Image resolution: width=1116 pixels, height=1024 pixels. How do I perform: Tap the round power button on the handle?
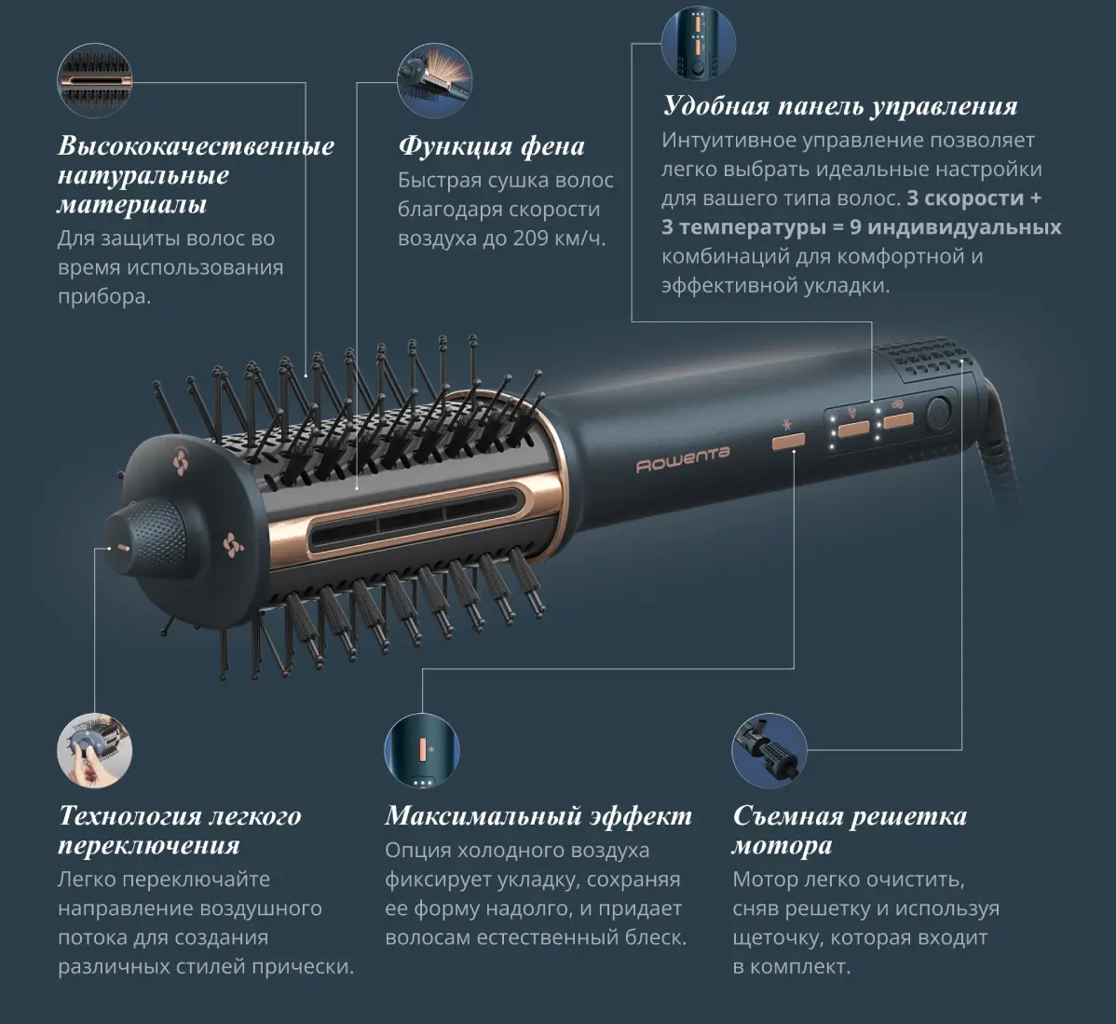coord(939,414)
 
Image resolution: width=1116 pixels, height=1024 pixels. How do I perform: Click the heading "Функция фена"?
coord(491,146)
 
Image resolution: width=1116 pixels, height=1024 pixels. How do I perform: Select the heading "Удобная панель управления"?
coord(840,106)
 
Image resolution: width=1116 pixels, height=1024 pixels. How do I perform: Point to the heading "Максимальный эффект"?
coord(538,816)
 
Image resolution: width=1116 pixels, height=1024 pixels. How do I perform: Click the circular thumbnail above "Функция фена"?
coord(434,80)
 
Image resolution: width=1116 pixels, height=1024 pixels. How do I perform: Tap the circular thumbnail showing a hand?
coord(95,751)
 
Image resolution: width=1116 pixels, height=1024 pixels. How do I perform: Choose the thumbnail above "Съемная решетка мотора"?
coord(769,751)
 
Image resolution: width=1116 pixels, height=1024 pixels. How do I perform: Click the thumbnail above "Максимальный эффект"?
coord(422,751)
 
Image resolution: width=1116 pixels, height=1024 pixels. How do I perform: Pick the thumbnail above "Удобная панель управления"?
coord(699,43)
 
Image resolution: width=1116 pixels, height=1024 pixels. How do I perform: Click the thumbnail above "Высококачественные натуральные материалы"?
coord(95,80)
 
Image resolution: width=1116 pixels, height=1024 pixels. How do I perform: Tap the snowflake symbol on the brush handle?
coord(787,425)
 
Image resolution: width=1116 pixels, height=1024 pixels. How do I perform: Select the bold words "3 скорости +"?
coord(973,198)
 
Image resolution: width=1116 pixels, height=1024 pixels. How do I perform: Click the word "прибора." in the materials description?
coord(104,297)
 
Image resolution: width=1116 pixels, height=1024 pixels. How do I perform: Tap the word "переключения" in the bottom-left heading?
coord(149,846)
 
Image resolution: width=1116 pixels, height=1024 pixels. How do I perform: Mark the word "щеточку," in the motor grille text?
coord(778,938)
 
